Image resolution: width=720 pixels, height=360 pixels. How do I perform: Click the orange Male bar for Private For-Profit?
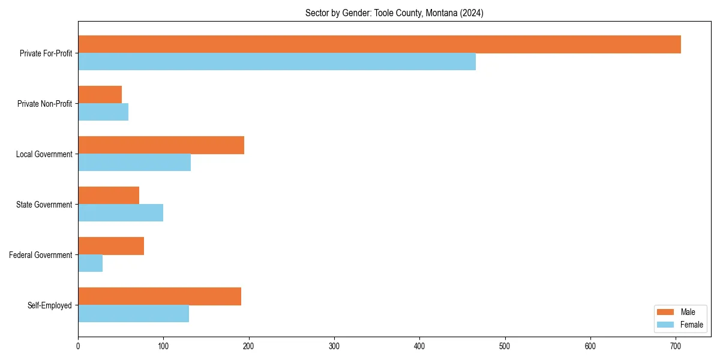(x=379, y=44)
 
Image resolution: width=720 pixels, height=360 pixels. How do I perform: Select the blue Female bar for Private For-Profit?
(x=277, y=62)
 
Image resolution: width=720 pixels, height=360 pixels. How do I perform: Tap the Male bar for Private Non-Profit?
(x=100, y=95)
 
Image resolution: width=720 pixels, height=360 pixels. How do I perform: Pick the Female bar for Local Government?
(x=134, y=163)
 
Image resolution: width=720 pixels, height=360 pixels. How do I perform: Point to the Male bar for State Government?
(x=109, y=196)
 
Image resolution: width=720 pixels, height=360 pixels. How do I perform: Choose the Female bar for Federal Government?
(x=90, y=263)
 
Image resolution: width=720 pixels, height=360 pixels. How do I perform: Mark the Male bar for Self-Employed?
(x=160, y=296)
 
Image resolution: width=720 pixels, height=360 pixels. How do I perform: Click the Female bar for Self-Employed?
(x=133, y=314)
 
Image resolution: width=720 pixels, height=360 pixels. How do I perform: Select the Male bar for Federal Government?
(x=111, y=246)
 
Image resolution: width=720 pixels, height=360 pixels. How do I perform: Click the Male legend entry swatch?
(x=665, y=312)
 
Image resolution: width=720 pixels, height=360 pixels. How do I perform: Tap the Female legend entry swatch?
(x=665, y=325)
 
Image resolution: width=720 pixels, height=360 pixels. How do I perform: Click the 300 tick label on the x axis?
(x=334, y=346)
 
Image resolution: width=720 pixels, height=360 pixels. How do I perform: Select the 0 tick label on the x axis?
(x=78, y=346)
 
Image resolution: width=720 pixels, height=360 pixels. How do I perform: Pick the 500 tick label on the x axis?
(x=505, y=346)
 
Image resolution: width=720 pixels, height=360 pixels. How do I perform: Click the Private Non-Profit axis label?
(x=44, y=104)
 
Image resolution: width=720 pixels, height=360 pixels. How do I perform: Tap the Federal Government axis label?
(x=40, y=255)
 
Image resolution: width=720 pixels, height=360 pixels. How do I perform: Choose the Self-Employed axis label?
(x=49, y=305)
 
